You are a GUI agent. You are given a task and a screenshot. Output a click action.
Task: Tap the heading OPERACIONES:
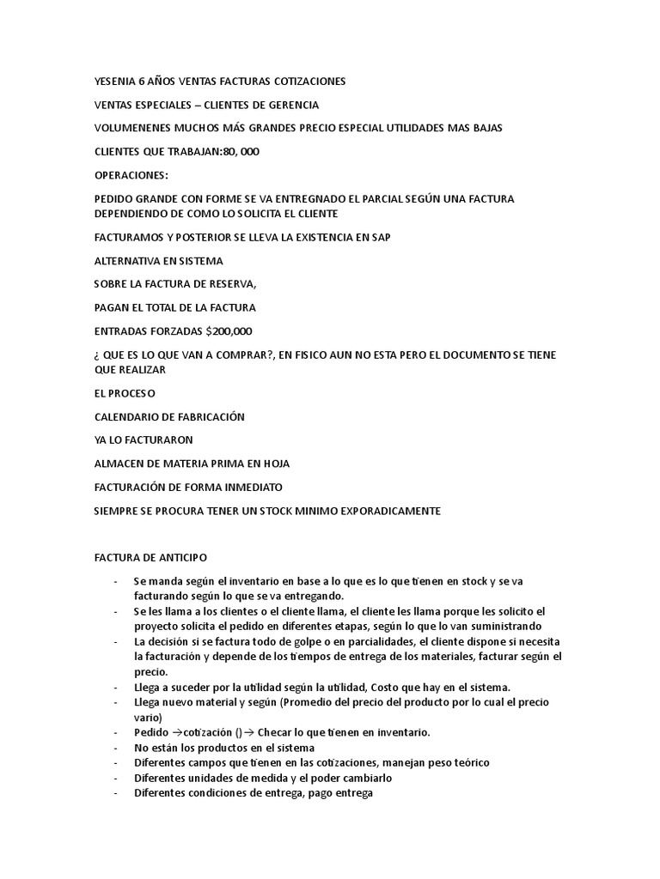pyautogui.click(x=131, y=175)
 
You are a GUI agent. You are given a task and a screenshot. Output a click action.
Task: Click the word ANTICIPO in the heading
pyautogui.click(x=183, y=558)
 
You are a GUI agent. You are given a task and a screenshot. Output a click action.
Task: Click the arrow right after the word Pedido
pyautogui.click(x=167, y=732)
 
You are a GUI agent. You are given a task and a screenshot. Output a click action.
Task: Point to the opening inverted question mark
pyautogui.click(x=96, y=355)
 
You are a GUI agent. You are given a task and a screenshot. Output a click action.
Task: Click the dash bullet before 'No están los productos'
pyautogui.click(x=116, y=748)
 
